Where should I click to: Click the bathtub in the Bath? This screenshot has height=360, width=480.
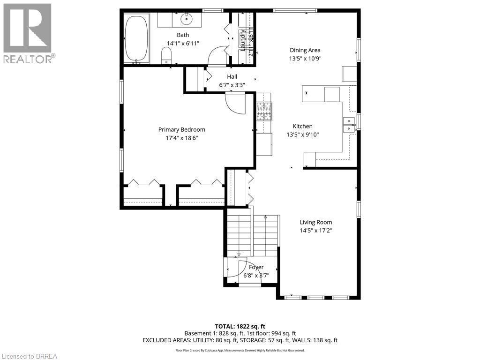[x=136, y=38]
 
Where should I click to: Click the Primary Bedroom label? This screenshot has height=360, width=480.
[x=181, y=130]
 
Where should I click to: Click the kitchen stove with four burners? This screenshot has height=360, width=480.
[x=263, y=112]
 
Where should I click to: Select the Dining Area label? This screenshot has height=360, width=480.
[x=305, y=50]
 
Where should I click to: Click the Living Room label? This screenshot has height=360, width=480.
[x=316, y=222]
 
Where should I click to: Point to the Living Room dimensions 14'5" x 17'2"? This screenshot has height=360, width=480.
[x=316, y=230]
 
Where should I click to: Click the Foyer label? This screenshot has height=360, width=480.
[x=256, y=267]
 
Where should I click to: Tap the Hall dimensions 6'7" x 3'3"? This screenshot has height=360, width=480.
[x=232, y=85]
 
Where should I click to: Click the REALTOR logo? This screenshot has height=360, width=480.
[x=28, y=33]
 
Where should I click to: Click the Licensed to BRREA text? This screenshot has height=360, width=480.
[x=29, y=356]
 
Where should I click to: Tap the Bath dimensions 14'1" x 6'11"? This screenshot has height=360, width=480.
[x=182, y=43]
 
